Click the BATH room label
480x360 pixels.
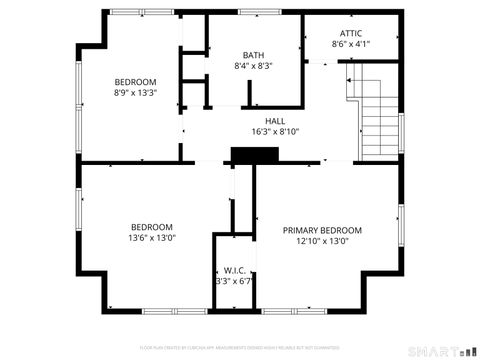coord(253,55)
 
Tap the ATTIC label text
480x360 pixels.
coord(351,33)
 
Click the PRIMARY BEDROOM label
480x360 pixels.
coord(322,230)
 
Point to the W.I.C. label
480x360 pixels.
coord(235,270)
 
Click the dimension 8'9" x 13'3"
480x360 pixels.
coord(135,93)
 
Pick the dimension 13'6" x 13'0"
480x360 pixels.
coord(151,238)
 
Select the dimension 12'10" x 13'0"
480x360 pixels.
coord(322,241)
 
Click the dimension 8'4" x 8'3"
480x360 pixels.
coord(253,66)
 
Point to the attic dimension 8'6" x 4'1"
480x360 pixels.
coord(351,44)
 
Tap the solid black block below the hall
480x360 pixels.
coord(253,155)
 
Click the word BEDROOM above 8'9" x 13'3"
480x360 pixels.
coord(135,82)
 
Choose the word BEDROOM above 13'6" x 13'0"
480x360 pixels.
coord(151,227)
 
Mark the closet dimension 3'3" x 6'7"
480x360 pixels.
coord(235,281)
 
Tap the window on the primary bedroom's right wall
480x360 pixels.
coord(401,225)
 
